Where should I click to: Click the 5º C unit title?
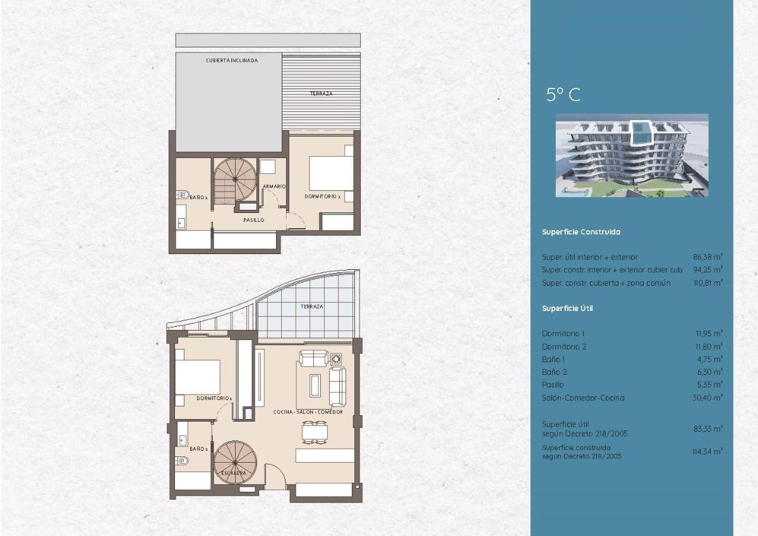[563, 95]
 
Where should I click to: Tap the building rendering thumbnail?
[632, 155]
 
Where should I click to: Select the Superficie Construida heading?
[581, 232]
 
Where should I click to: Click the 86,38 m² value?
[707, 257]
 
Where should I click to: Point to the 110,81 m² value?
[707, 283]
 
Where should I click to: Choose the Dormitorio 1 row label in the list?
[563, 333]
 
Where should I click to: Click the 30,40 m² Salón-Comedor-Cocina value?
[707, 398]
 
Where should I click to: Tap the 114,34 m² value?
[707, 451]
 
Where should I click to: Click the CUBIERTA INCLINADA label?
[231, 61]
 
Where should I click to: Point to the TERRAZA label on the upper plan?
[321, 94]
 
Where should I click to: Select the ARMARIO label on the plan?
[275, 186]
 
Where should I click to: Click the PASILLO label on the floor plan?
[253, 220]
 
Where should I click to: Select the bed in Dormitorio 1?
[197, 377]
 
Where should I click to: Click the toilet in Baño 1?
[182, 460]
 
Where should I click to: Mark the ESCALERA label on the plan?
[233, 473]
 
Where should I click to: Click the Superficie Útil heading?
[567, 308]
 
